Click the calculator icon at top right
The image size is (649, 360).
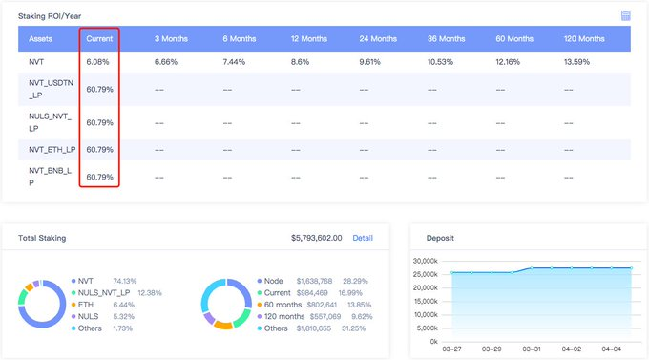pyautogui.click(x=625, y=15)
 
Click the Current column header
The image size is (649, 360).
pyautogui.click(x=99, y=39)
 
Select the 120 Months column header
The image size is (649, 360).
pyautogui.click(x=584, y=39)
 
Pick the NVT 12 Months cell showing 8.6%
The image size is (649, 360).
pyautogui.click(x=300, y=62)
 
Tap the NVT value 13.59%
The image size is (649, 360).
pyautogui.click(x=576, y=62)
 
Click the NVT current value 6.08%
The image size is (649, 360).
pyautogui.click(x=97, y=62)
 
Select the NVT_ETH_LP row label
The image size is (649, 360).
pyautogui.click(x=52, y=150)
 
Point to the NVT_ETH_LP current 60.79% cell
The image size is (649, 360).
pyautogui.click(x=100, y=150)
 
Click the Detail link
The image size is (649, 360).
pyautogui.click(x=363, y=238)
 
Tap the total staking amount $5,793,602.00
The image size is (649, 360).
pyautogui.click(x=317, y=238)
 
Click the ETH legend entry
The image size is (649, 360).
pyautogui.click(x=86, y=305)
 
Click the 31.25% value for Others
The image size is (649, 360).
pyautogui.click(x=353, y=328)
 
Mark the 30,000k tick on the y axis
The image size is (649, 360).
pyautogui.click(x=425, y=261)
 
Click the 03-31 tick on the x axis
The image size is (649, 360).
pyautogui.click(x=532, y=349)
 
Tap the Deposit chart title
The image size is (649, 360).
pyautogui.click(x=440, y=238)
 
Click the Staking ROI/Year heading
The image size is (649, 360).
pyautogui.click(x=50, y=16)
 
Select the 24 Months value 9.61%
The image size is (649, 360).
pyautogui.click(x=369, y=62)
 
